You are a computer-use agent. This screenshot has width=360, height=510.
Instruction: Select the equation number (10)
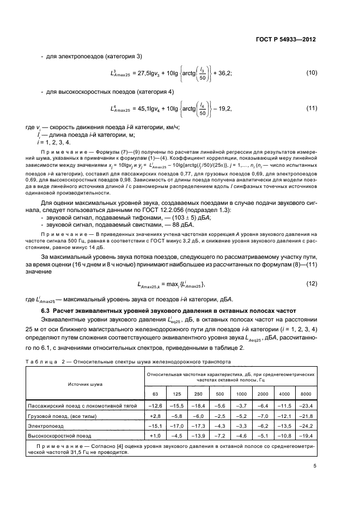312,72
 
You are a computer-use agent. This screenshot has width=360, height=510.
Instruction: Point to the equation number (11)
312,108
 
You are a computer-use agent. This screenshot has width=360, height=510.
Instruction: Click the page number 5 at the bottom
315,466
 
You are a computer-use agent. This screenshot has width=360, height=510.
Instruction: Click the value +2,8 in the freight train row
156,415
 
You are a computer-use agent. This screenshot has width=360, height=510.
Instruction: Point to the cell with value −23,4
306,405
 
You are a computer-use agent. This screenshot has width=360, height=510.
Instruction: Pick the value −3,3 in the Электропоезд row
241,426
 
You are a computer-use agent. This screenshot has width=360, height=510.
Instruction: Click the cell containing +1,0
156,436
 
